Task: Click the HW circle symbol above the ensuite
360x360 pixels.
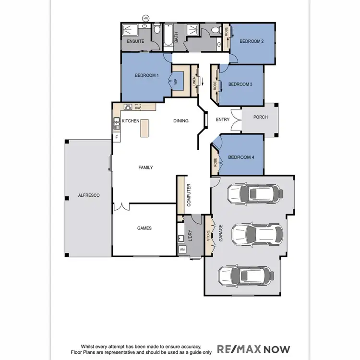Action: [145, 18]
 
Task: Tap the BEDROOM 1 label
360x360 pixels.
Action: [147, 75]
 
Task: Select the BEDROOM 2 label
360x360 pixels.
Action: [252, 42]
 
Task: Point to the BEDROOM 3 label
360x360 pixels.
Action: [240, 84]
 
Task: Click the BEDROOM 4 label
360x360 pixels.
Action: [241, 157]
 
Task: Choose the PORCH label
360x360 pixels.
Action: [261, 117]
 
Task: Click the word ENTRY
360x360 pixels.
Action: [223, 120]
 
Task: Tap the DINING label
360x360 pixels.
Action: [181, 121]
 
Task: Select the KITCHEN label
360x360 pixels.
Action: [131, 121]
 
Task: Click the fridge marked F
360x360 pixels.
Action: [116, 137]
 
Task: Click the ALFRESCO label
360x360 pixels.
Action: [88, 195]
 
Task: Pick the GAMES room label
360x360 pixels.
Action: [144, 228]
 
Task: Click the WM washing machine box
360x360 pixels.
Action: [182, 250]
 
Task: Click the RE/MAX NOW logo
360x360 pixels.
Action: [254, 348]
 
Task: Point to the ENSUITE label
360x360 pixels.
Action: [135, 42]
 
